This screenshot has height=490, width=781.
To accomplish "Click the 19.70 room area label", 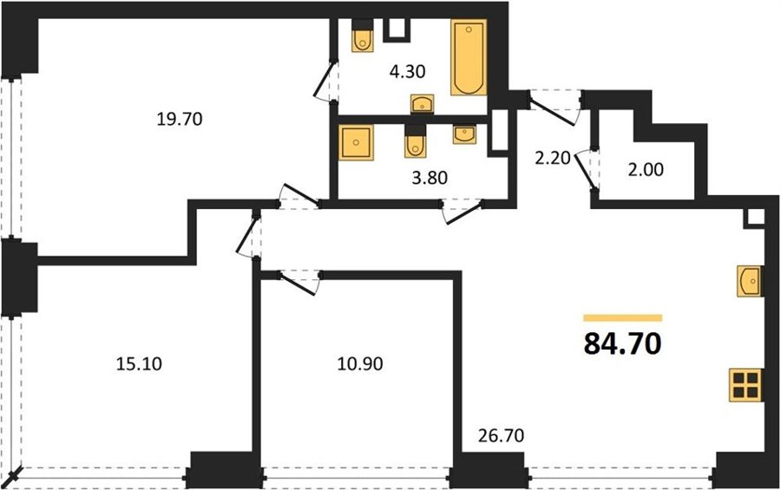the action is pyautogui.click(x=180, y=120).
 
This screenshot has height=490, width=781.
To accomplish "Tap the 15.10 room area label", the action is pyautogui.click(x=139, y=364).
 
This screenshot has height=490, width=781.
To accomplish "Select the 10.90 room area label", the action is pyautogui.click(x=360, y=364).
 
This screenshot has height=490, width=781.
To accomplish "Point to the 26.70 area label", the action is pyautogui.click(x=501, y=435).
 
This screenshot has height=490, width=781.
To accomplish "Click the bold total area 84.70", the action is pyautogui.click(x=622, y=343).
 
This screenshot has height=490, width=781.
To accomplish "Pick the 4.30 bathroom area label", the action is pyautogui.click(x=408, y=72).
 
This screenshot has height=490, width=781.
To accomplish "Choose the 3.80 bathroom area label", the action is pyautogui.click(x=430, y=177).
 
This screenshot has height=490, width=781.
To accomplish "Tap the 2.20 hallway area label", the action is pyautogui.click(x=553, y=159).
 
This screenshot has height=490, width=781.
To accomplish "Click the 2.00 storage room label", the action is pyautogui.click(x=646, y=170).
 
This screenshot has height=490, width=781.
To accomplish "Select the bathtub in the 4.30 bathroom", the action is pyautogui.click(x=469, y=57).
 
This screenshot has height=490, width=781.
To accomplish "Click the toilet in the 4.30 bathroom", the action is pyautogui.click(x=363, y=36).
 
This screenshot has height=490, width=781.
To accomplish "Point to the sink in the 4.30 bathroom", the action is pyautogui.click(x=423, y=104).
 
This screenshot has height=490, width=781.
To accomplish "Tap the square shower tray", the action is pyautogui.click(x=356, y=142).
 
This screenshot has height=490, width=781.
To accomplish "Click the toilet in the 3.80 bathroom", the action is pyautogui.click(x=415, y=141).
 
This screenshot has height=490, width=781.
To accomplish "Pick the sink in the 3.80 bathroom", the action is pyautogui.click(x=465, y=134).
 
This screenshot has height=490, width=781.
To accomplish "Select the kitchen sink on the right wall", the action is pyautogui.click(x=750, y=281).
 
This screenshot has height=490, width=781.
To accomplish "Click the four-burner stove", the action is pyautogui.click(x=746, y=385).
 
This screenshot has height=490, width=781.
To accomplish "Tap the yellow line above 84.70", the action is pyautogui.click(x=623, y=317).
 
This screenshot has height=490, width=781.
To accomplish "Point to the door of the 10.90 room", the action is pyautogui.click(x=299, y=283).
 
